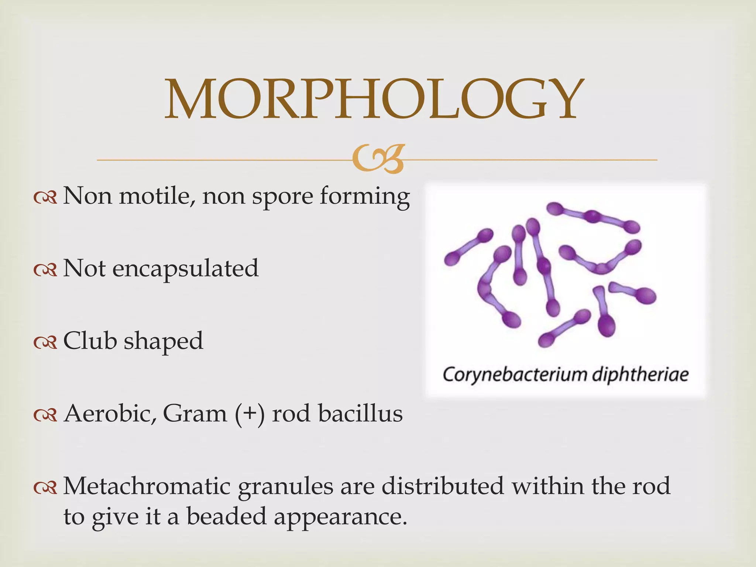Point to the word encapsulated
click(x=185, y=269)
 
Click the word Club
click(x=90, y=340)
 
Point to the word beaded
click(x=226, y=516)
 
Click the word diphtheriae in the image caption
click(x=640, y=375)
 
